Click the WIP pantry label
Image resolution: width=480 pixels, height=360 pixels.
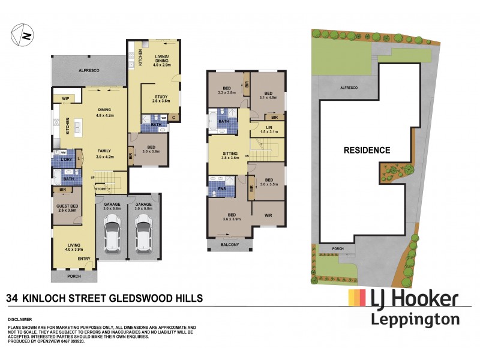64,98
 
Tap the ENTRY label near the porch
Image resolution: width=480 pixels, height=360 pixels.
84,259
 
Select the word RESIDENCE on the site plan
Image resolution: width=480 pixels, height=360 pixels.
367,150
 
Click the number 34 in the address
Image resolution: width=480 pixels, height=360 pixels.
11,298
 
